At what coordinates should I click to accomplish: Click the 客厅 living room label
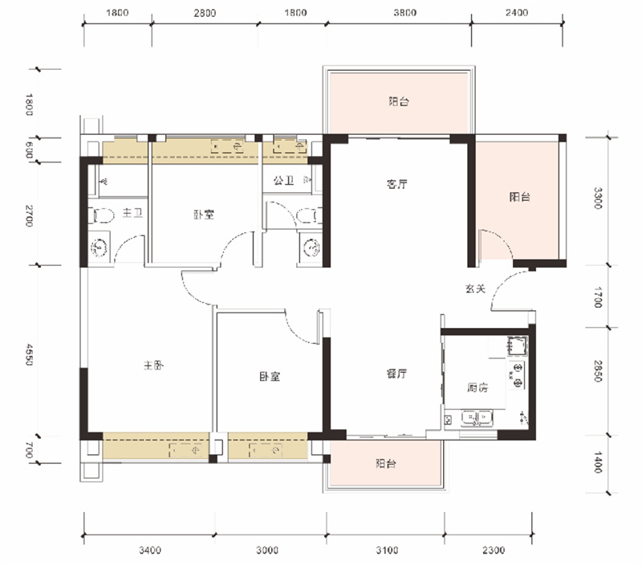[396, 184]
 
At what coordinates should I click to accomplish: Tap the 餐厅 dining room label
[396, 374]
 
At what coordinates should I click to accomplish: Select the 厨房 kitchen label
[477, 387]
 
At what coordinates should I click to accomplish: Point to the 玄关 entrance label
[475, 289]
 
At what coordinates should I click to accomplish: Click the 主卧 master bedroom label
[153, 365]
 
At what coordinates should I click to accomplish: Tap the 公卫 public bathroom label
[283, 180]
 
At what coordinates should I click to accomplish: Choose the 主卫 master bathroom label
[132, 213]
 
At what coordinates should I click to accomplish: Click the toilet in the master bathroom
[104, 215]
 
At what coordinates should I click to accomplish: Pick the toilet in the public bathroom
[307, 215]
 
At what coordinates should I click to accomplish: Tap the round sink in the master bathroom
[99, 248]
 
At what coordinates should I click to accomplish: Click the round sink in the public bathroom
[311, 248]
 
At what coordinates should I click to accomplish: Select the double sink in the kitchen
[477, 418]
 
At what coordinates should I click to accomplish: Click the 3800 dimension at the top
[405, 13]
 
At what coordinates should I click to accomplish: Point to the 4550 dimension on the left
[29, 354]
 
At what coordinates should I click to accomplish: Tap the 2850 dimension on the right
[598, 371]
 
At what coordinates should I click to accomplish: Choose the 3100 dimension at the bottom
[387, 550]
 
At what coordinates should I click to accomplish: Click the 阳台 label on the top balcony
[398, 101]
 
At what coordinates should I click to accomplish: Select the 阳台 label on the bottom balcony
[386, 463]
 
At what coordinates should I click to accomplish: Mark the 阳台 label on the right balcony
[519, 197]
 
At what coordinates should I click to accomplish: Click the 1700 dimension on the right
[598, 297]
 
